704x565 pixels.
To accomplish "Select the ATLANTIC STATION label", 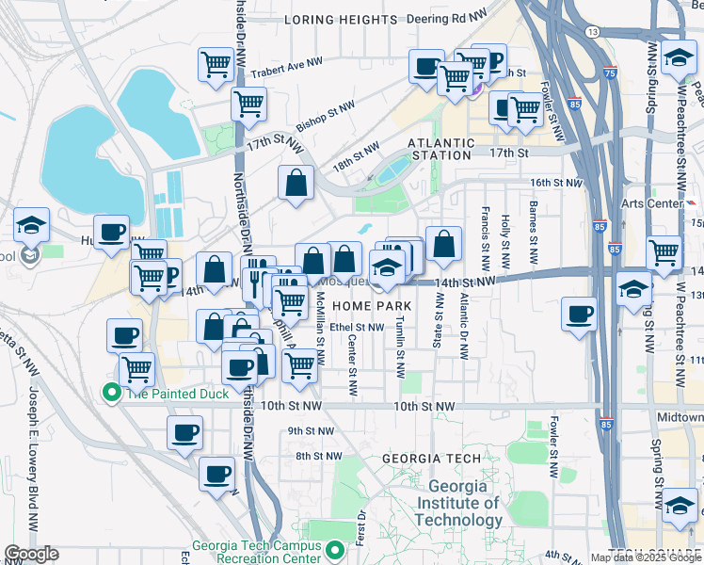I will pyautogui.click(x=440, y=149).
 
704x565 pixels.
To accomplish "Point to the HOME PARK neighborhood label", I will pyautogui.click(x=373, y=307).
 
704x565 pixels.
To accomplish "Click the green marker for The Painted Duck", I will pyautogui.click(x=112, y=393).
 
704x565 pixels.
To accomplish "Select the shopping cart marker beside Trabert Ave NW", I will pyautogui.click(x=216, y=66).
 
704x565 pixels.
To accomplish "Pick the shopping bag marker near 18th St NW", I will pyautogui.click(x=296, y=185).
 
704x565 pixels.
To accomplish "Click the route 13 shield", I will pyautogui.click(x=592, y=32).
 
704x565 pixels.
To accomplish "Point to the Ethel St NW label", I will pyautogui.click(x=356, y=328).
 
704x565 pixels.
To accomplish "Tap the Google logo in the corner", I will pyautogui.click(x=31, y=554).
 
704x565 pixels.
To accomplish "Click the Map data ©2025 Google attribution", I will pyautogui.click(x=646, y=557).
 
